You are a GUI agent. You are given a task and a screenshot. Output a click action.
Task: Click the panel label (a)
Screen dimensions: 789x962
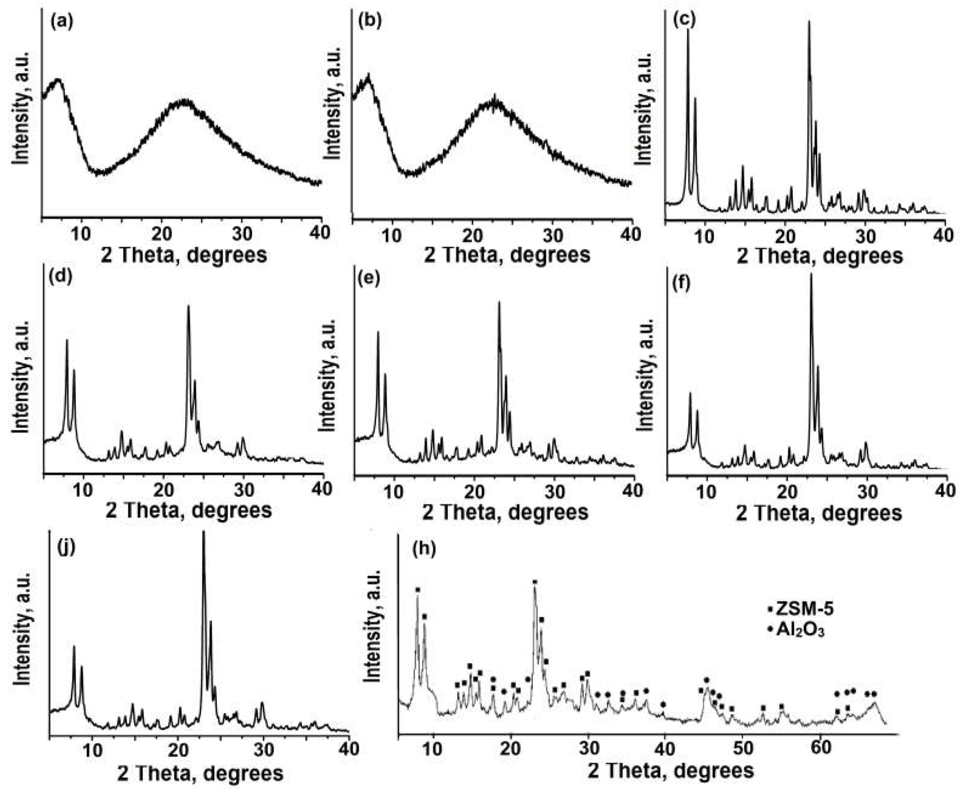coord(62,22)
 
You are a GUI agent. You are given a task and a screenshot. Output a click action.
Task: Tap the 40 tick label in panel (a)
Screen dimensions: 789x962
coord(321,234)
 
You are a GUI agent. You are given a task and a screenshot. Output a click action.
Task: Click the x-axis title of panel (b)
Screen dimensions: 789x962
coord(507,255)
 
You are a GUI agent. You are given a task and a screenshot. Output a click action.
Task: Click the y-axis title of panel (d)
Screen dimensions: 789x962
coord(21,377)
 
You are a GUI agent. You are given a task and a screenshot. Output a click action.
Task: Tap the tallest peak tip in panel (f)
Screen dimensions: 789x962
coord(811,274)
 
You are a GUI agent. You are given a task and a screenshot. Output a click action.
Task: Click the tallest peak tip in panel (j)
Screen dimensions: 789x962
coord(203,532)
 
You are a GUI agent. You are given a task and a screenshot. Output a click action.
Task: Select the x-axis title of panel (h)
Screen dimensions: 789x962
coord(671,771)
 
